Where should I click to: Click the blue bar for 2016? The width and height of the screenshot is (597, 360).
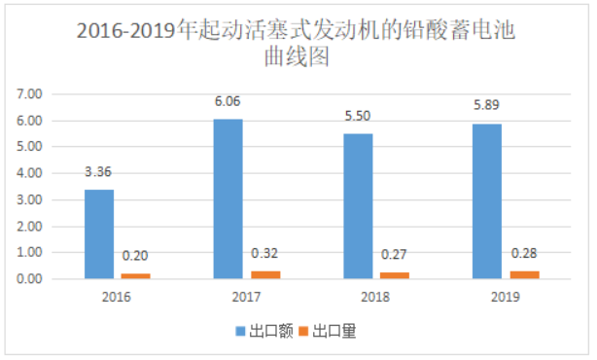tap(99, 234)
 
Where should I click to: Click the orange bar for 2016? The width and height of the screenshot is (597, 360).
tap(135, 275)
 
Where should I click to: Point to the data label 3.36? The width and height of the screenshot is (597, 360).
tap(99, 173)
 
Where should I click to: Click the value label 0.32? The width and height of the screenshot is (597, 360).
tap(263, 254)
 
